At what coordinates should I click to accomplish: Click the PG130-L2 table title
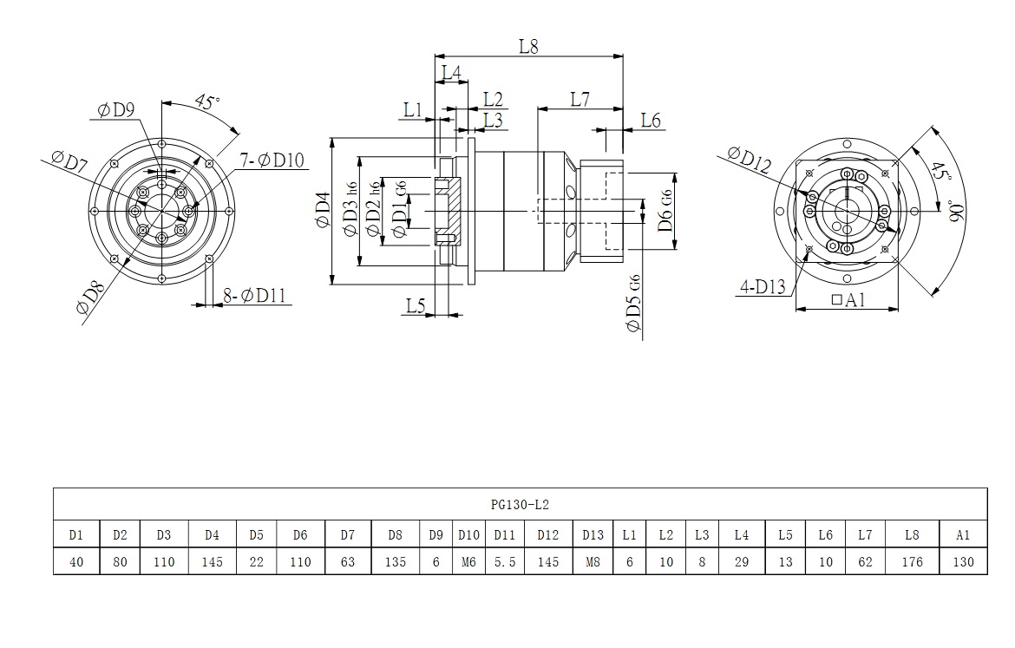tap(520, 504)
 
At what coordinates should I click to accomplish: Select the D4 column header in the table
tap(212, 535)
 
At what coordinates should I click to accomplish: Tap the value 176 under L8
tap(911, 562)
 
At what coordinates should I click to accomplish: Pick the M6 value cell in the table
tap(468, 562)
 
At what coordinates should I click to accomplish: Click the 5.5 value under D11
tap(505, 562)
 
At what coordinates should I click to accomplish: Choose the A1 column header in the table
tap(963, 535)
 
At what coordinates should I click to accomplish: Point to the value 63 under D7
tap(348, 562)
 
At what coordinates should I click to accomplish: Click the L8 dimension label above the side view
tap(529, 46)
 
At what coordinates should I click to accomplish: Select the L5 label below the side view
tap(416, 304)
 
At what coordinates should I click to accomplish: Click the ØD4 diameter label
tap(322, 209)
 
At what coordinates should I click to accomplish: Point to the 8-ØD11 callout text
tap(254, 296)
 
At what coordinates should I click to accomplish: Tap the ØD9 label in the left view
tap(115, 109)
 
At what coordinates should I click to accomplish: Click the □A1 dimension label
tap(849, 300)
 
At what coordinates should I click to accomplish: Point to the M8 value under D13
tap(593, 562)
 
